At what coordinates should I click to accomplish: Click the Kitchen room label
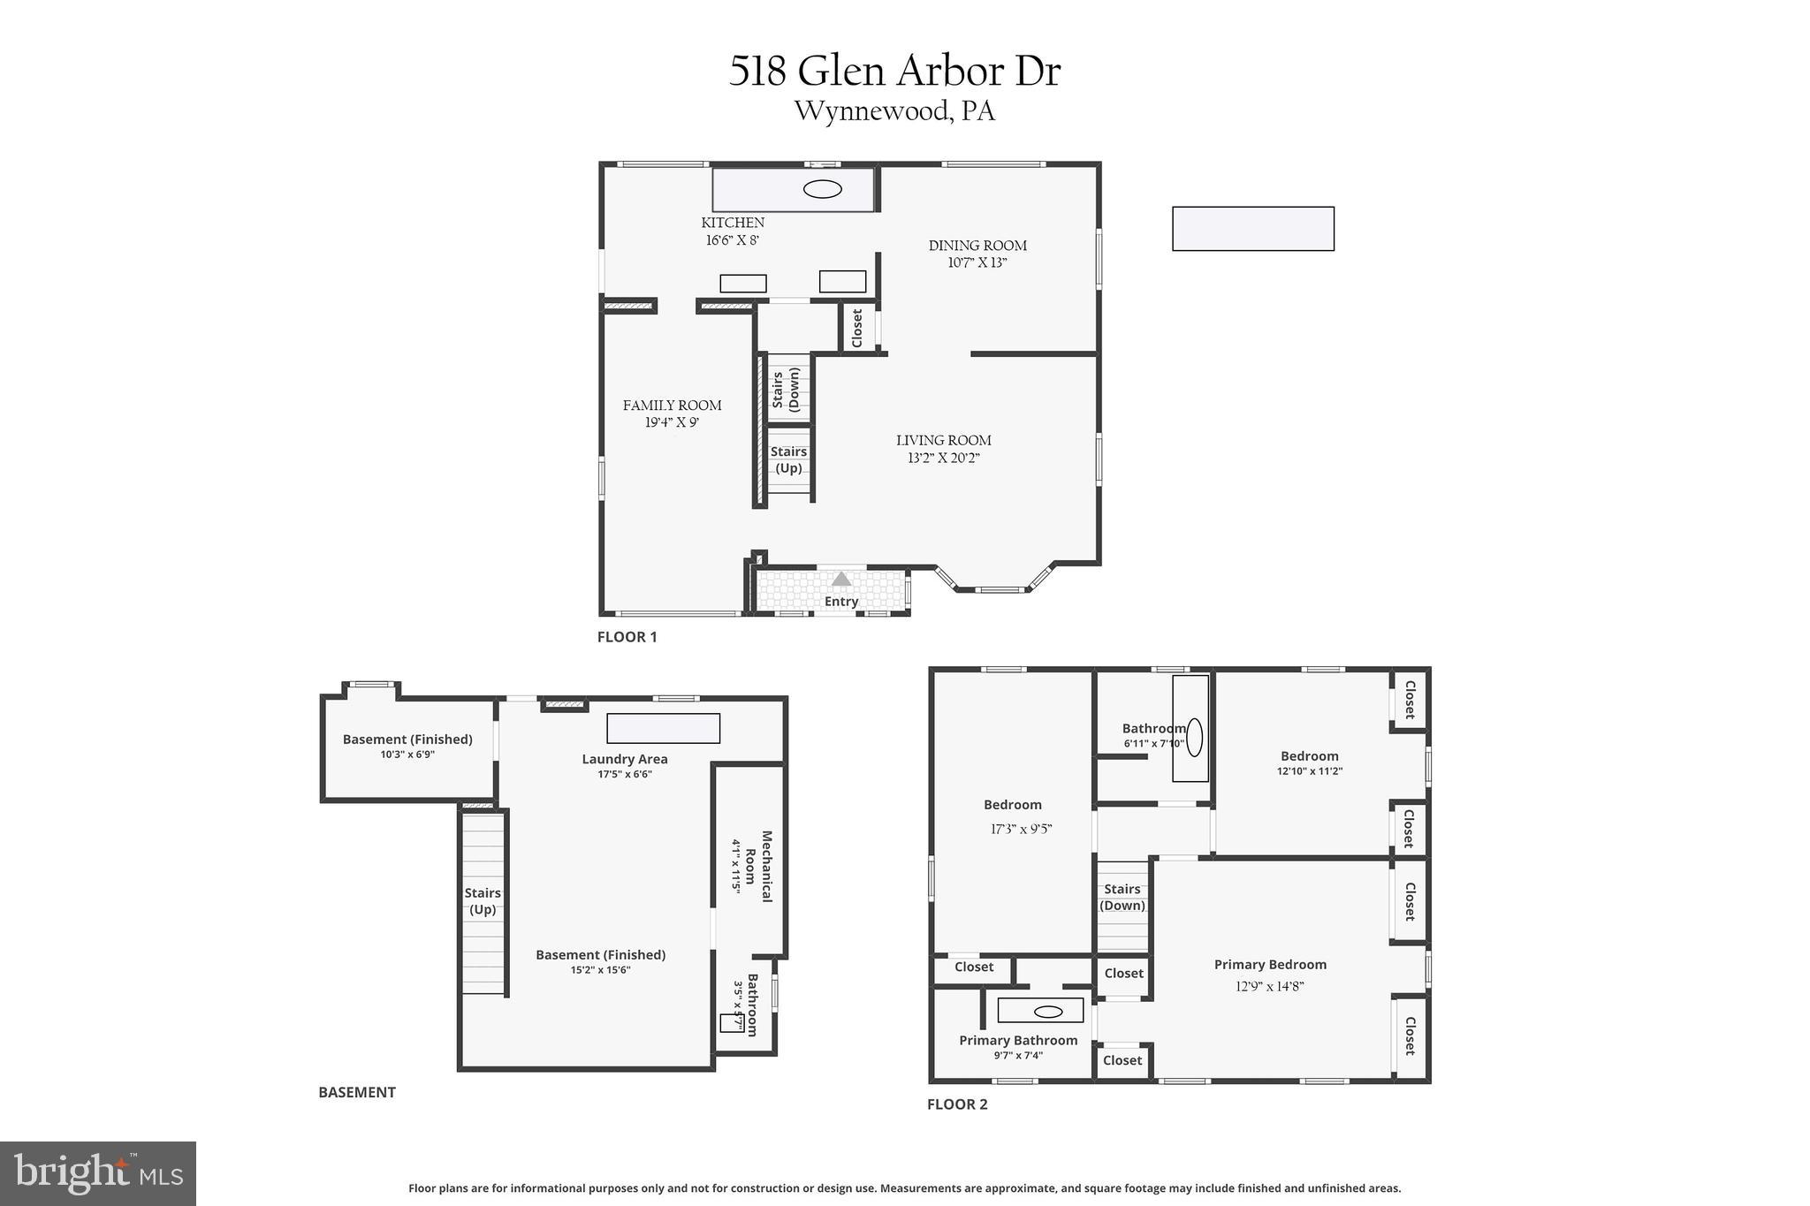(x=733, y=223)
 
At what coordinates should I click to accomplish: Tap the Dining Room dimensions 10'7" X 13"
(x=977, y=262)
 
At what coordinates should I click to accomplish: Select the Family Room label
(x=672, y=406)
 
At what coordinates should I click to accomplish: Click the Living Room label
(x=943, y=440)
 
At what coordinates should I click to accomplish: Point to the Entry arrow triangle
(x=841, y=579)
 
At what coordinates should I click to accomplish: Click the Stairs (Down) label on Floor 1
(x=786, y=389)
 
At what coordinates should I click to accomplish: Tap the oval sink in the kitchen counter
(x=822, y=189)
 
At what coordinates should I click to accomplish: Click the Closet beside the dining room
(x=856, y=328)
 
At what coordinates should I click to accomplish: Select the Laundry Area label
(x=624, y=759)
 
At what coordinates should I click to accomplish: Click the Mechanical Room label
(x=757, y=866)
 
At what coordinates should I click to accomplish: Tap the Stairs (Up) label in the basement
(x=483, y=901)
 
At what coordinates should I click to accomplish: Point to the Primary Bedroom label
(x=1270, y=965)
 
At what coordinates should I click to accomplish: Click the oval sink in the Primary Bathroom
(x=1048, y=1012)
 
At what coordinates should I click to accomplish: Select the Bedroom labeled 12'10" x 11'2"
(x=1309, y=756)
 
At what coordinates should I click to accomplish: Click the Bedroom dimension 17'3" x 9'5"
(x=1021, y=829)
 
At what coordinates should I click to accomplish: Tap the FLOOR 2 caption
(x=957, y=1104)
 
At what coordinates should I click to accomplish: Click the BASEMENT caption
(x=357, y=1092)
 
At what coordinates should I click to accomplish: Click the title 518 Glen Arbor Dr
(x=894, y=72)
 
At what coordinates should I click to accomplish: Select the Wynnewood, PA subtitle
(x=894, y=112)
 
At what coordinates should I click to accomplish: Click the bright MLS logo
(x=98, y=1173)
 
